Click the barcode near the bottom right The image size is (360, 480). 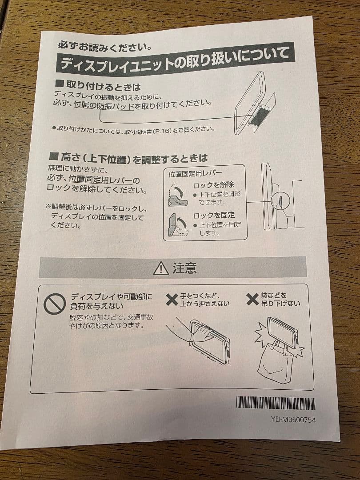click(x=276, y=403)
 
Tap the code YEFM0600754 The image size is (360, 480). click(x=293, y=420)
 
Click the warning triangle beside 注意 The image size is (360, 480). click(x=160, y=268)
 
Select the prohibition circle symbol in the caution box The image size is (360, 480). click(x=55, y=304)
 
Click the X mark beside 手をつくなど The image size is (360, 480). click(x=172, y=299)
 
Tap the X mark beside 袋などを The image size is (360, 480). click(x=252, y=299)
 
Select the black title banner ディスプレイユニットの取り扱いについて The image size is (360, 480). click(x=175, y=59)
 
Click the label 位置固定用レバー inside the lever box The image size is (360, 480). click(x=196, y=173)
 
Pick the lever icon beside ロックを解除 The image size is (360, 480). click(x=178, y=196)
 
